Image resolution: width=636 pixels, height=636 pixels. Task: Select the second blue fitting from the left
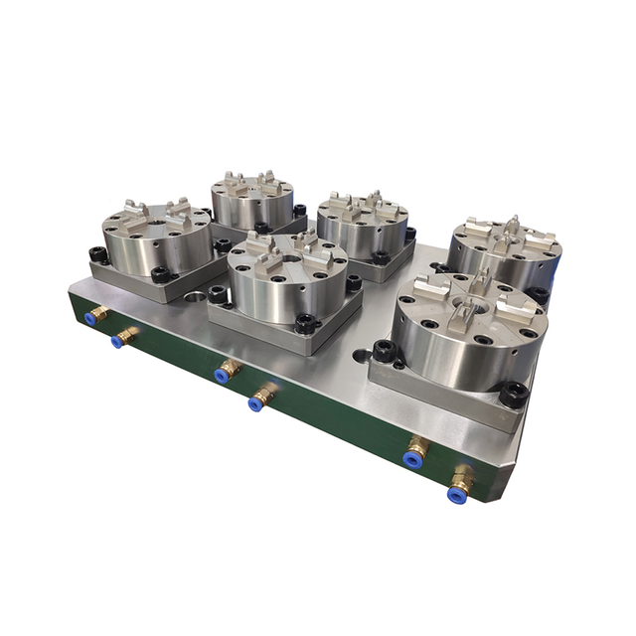click(x=117, y=341)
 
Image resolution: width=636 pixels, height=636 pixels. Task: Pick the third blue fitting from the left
click(x=221, y=376)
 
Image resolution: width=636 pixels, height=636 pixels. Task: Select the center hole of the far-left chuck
click(x=156, y=226)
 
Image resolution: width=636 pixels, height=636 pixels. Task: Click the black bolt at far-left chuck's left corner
click(x=98, y=254)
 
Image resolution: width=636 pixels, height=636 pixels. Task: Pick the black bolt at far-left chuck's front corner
click(x=160, y=273)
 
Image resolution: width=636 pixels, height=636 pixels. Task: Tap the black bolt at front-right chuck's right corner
click(x=514, y=394)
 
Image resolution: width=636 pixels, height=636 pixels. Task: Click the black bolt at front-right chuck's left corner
click(x=383, y=350)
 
